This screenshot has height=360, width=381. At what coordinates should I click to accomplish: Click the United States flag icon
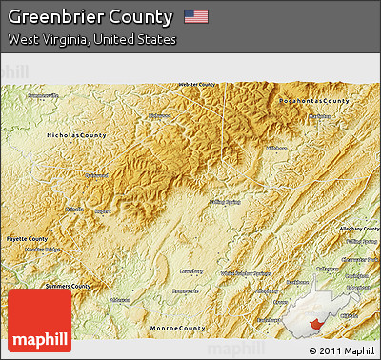coord(196,17)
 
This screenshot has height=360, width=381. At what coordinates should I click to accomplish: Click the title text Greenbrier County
coord(90,17)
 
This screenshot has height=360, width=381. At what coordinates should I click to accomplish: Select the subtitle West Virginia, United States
coord(92,40)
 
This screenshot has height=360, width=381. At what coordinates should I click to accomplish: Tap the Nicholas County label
coord(77,136)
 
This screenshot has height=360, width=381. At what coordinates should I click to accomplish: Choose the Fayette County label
coord(26,238)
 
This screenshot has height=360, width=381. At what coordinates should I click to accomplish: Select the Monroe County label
coord(178,328)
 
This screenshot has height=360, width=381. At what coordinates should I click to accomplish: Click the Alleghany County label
coord(358,229)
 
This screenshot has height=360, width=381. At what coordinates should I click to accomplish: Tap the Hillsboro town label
coord(276,149)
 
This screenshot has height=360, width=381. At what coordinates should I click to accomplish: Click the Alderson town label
coord(119,299)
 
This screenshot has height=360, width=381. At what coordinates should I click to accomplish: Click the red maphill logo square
coord(39,320)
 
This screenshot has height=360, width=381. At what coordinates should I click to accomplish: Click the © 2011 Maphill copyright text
coord(342,350)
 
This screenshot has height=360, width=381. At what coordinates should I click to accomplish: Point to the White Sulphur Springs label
coord(246,273)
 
